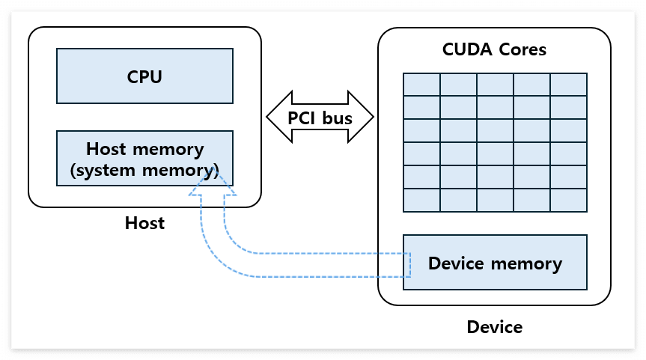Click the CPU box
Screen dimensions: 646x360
[x=144, y=76]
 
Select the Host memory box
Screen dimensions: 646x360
[x=144, y=158]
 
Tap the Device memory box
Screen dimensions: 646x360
[x=495, y=263]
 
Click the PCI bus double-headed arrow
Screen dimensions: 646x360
[x=320, y=117]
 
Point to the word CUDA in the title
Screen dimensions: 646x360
[x=467, y=49]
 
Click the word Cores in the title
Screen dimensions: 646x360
[x=522, y=49]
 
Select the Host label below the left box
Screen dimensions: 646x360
[x=144, y=223]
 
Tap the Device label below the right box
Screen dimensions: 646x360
[x=494, y=327]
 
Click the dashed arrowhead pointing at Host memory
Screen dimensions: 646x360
[x=213, y=183]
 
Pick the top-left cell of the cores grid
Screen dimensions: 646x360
[x=421, y=85]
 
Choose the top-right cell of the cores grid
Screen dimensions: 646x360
[x=569, y=85]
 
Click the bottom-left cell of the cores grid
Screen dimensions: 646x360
[x=421, y=200]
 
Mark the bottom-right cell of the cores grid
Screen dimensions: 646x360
[x=569, y=200]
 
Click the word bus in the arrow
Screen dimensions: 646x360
[x=337, y=118]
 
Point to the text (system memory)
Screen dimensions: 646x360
[x=144, y=170]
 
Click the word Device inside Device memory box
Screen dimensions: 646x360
[x=456, y=263]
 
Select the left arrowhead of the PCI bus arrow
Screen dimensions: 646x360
[x=279, y=117]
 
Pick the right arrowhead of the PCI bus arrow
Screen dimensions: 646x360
[x=361, y=117]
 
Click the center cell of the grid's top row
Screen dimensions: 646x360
[x=496, y=85]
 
